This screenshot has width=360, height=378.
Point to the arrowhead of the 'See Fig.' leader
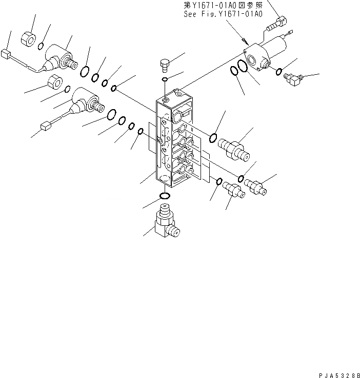click(247, 43)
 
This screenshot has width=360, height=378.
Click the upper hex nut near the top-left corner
click(29, 37)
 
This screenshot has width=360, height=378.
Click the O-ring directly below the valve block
click(165, 197)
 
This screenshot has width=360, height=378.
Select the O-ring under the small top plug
click(164, 80)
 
